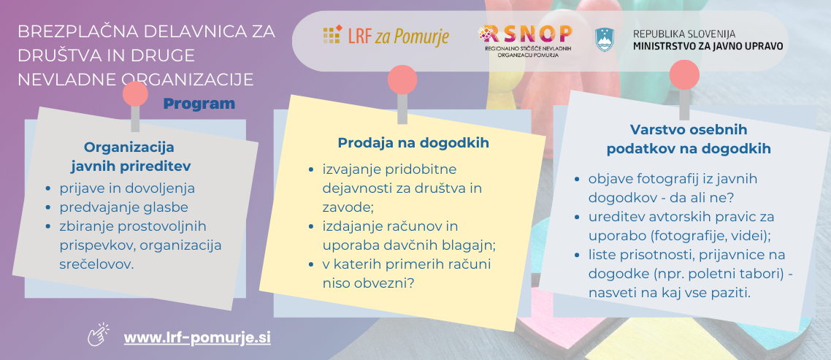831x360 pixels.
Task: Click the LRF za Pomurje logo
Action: click(386, 36)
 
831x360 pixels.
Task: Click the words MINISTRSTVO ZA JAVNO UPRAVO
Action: click(708, 46)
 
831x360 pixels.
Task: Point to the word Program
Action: click(199, 104)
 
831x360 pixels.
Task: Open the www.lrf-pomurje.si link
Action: click(197, 338)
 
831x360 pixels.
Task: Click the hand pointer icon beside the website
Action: click(98, 334)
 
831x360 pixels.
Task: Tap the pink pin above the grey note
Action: click(135, 93)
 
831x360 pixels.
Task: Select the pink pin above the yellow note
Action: click(402, 80)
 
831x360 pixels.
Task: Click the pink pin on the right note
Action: click(684, 74)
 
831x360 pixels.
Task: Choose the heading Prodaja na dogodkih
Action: click(413, 143)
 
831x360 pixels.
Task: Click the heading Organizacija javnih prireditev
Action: click(131, 156)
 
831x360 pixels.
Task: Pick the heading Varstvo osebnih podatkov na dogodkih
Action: click(689, 139)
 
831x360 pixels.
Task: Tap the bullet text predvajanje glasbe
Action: click(123, 207)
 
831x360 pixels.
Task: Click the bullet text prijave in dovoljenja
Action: click(127, 188)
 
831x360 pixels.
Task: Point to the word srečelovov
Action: click(96, 264)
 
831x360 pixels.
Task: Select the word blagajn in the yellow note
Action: click(470, 245)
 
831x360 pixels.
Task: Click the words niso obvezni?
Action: click(368, 283)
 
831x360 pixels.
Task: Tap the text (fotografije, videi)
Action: click(704, 235)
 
